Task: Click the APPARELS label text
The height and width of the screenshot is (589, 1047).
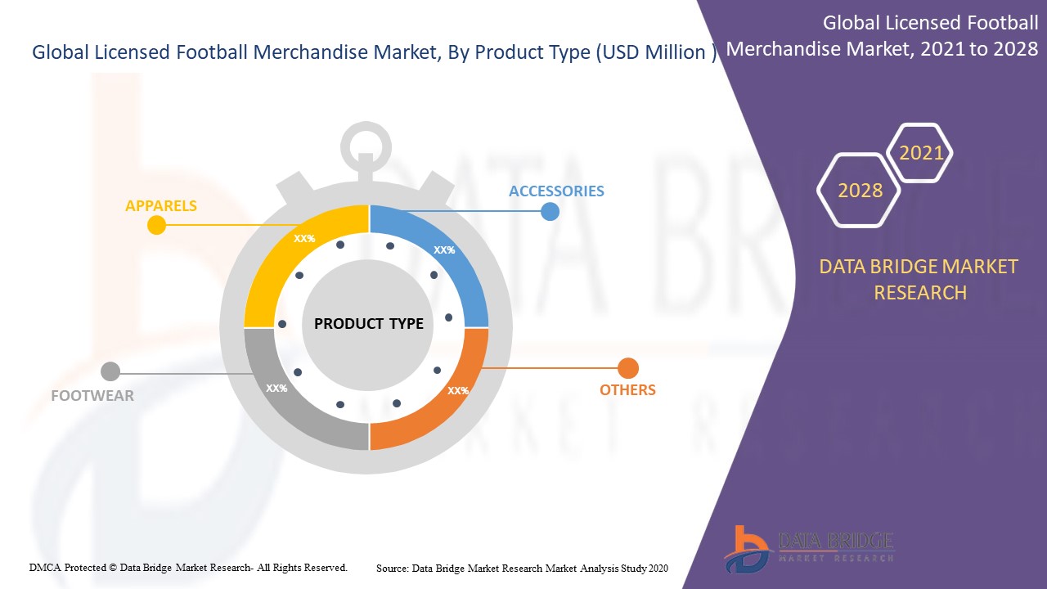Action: click(161, 205)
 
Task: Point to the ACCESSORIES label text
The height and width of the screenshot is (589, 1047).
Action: click(556, 191)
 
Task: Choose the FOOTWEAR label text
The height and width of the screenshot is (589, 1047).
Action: click(92, 395)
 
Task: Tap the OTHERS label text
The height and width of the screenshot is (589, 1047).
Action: click(627, 390)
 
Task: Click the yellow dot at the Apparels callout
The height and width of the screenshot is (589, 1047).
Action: click(156, 225)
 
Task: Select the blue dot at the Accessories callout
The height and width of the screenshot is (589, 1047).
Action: click(550, 212)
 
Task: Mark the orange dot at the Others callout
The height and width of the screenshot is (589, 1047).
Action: click(628, 368)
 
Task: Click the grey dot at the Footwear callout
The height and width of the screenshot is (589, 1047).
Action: click(110, 371)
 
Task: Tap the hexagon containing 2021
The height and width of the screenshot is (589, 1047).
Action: click(919, 152)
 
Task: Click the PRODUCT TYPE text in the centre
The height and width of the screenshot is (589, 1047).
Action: click(368, 323)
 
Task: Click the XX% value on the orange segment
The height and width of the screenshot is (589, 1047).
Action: click(458, 390)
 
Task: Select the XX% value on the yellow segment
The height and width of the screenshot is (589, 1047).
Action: click(304, 238)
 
